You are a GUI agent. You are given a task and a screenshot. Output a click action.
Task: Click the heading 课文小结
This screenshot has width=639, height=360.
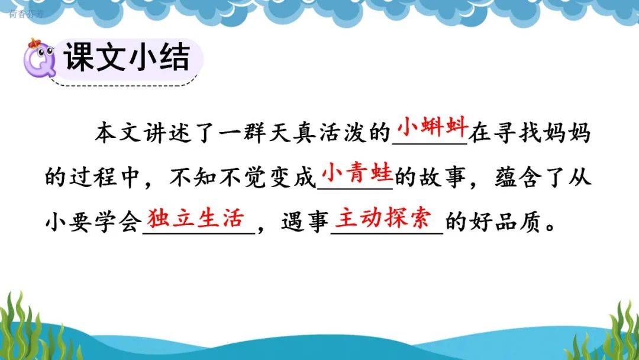click(127, 57)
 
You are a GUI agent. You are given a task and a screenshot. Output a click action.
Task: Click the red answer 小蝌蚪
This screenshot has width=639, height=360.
click(432, 127)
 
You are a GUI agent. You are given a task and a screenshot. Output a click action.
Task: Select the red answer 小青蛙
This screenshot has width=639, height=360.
click(357, 173)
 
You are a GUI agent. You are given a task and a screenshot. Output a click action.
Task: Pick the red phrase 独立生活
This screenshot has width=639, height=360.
click(196, 218)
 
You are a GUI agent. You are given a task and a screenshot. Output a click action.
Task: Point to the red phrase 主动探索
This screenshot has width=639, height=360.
click(383, 218)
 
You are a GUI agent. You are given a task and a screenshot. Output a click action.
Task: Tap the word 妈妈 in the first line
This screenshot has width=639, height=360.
click(566, 133)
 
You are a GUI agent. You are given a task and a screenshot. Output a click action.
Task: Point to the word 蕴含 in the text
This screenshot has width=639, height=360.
click(518, 178)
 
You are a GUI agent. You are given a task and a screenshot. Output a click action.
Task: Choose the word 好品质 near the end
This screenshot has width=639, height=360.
click(505, 223)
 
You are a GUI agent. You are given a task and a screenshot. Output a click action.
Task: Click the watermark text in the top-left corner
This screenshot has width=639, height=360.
click(25, 14)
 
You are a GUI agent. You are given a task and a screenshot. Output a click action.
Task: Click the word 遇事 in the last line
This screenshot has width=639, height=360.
click(305, 223)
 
